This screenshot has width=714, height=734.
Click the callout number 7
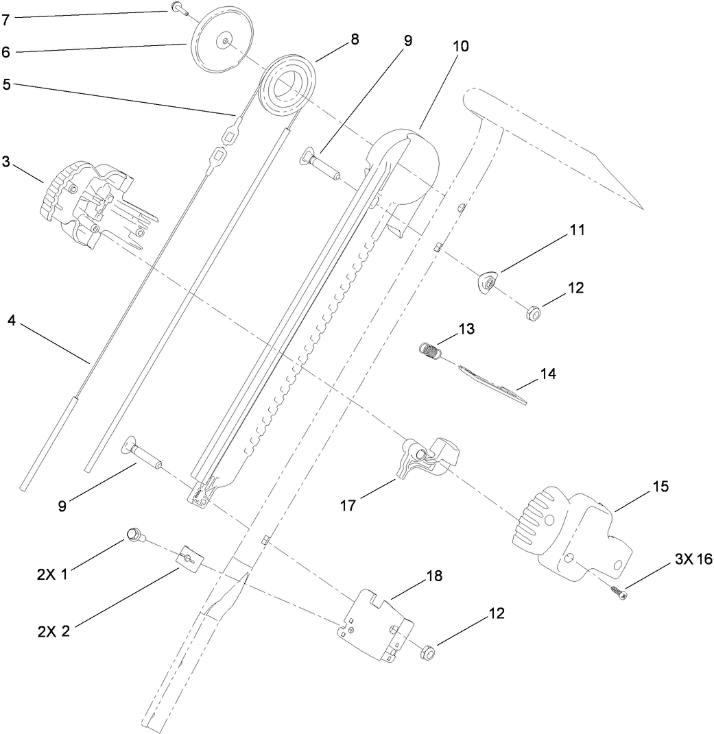click(x=5, y=21)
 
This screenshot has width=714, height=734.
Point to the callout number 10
click(x=462, y=47)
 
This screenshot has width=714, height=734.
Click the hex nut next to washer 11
click(x=531, y=314)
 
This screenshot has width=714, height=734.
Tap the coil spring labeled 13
click(x=429, y=350)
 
